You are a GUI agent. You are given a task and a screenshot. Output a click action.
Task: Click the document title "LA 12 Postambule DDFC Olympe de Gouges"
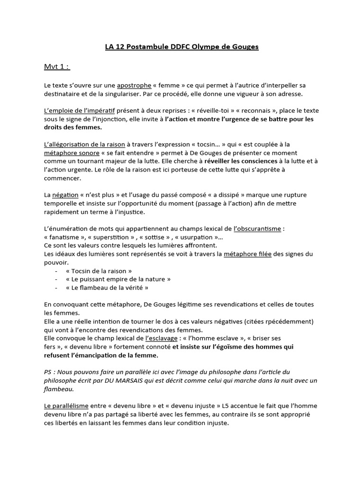click(182, 47)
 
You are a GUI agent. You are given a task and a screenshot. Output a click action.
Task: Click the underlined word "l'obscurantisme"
click(258, 229)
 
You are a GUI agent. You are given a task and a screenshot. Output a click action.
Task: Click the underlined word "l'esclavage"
click(162, 338)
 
